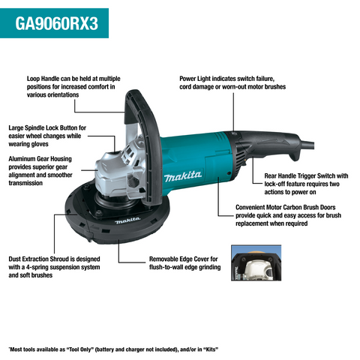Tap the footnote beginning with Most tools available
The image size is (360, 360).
pos(112,349)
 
